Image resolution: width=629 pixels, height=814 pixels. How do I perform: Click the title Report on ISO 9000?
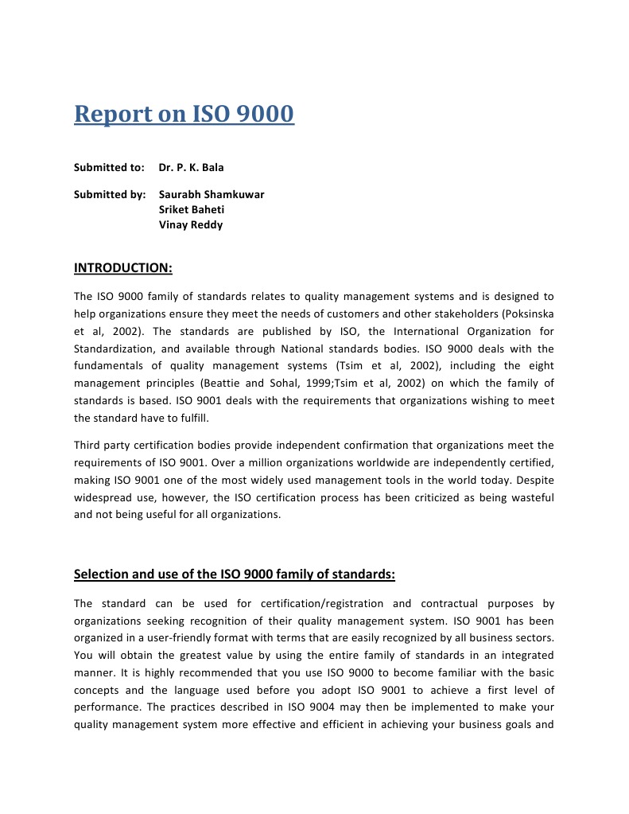pyautogui.click(x=184, y=114)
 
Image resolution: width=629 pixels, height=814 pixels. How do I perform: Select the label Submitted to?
pyautogui.click(x=109, y=168)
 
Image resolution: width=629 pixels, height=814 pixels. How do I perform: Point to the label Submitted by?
pyautogui.click(x=110, y=194)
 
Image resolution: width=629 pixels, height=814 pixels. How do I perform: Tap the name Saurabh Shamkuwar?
pyautogui.click(x=212, y=194)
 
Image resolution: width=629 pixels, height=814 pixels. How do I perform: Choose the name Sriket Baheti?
pyautogui.click(x=191, y=209)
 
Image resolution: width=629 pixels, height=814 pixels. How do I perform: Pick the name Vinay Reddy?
pyautogui.click(x=191, y=224)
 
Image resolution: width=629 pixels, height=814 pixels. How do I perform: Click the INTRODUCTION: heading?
pyautogui.click(x=123, y=267)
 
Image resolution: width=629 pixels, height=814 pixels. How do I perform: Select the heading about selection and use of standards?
pyautogui.click(x=235, y=574)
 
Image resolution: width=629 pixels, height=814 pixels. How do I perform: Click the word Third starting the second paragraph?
pyautogui.click(x=88, y=445)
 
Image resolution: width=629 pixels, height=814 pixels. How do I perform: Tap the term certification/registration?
pyautogui.click(x=320, y=603)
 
